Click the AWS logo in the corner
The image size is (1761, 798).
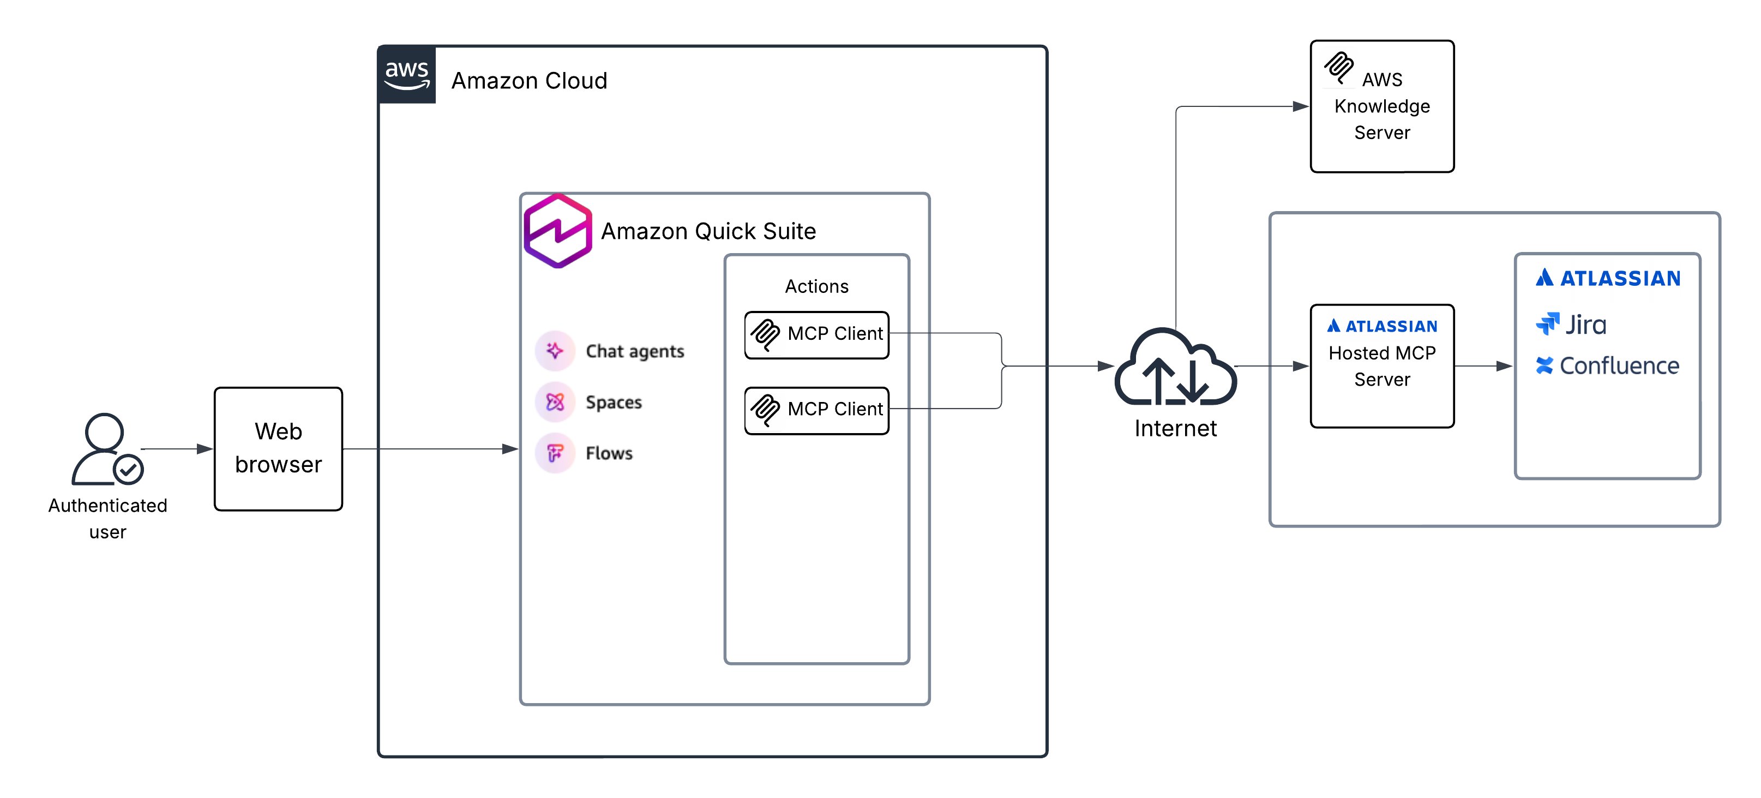[407, 75]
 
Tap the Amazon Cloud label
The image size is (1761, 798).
[528, 81]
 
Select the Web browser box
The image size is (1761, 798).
[278, 448]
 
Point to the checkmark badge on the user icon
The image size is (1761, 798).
[128, 469]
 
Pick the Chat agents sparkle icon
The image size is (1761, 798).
[555, 351]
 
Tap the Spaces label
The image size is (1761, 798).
[613, 402]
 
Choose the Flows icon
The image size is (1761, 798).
[555, 453]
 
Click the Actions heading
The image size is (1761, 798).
[816, 286]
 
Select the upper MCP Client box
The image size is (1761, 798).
[816, 334]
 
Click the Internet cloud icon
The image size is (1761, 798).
[1175, 367]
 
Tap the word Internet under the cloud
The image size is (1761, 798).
[1175, 429]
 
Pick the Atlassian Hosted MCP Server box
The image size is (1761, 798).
[1381, 366]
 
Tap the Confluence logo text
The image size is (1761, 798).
[1618, 366]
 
